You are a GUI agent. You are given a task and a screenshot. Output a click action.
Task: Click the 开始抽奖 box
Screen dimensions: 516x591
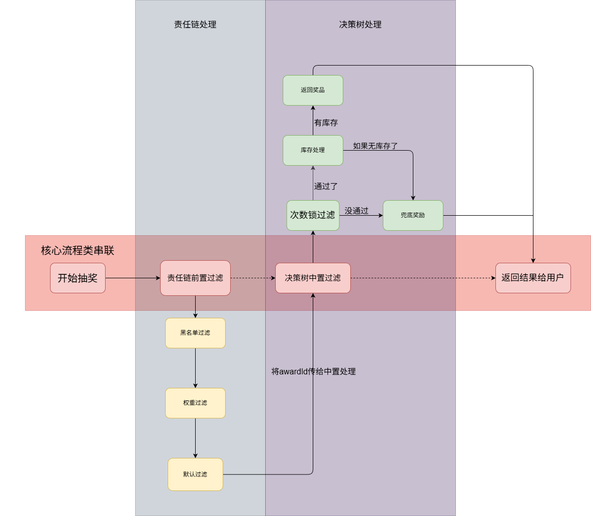click(78, 278)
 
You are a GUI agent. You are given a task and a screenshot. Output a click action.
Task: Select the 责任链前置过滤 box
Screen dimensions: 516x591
click(195, 278)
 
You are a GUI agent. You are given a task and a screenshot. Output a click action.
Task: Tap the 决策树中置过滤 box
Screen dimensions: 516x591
click(313, 278)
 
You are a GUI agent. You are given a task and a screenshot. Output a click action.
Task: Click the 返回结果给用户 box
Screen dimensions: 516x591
click(533, 278)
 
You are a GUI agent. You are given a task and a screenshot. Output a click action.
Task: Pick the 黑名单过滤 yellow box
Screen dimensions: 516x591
click(195, 333)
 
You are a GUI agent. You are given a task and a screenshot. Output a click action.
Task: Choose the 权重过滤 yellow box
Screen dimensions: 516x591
click(195, 403)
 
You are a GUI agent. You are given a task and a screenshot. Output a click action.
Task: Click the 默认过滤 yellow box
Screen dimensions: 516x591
click(195, 474)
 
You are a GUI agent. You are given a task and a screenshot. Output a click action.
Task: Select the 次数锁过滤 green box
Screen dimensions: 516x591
click(313, 215)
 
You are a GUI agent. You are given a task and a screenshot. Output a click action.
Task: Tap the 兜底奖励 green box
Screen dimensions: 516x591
click(413, 215)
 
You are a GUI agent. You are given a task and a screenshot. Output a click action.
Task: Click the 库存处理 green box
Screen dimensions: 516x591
click(313, 150)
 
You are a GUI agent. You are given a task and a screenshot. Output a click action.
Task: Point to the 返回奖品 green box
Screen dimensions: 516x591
click(313, 90)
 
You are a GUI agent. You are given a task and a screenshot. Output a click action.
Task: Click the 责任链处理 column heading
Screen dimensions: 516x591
click(195, 25)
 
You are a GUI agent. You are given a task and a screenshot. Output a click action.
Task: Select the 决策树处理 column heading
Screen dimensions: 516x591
click(360, 25)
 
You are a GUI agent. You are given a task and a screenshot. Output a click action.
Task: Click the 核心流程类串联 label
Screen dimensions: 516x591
click(78, 250)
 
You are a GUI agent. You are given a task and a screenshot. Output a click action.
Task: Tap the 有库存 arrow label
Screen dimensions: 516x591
click(326, 123)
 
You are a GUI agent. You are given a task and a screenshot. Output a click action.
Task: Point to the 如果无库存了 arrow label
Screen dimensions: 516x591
click(375, 146)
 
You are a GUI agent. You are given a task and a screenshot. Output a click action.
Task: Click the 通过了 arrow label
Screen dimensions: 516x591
click(326, 186)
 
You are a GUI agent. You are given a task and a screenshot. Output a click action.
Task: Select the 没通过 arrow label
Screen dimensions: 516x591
click(356, 211)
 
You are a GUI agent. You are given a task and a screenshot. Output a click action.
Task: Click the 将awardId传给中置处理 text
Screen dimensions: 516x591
click(313, 371)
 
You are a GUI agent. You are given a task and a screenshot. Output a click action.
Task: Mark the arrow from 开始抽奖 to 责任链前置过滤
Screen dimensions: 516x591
click(133, 278)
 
